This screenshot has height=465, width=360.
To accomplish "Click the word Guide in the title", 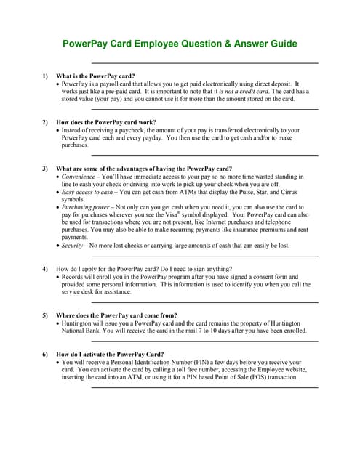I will click(x=280, y=44).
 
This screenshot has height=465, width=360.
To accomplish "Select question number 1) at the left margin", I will click(x=45, y=76).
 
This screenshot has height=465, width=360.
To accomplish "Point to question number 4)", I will click(x=45, y=269).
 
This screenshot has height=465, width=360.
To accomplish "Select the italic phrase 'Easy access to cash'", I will click(x=87, y=192).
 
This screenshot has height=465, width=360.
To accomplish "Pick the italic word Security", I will click(x=73, y=246).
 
